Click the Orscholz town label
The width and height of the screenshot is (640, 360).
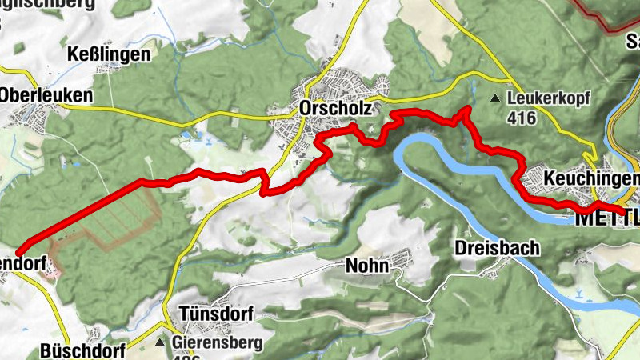(x=327, y=107)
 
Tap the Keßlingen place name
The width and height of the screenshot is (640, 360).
(x=110, y=55)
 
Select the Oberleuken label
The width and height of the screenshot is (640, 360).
(x=46, y=94)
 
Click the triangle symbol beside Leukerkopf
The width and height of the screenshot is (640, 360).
(x=496, y=99)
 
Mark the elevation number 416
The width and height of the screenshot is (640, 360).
(x=522, y=117)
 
